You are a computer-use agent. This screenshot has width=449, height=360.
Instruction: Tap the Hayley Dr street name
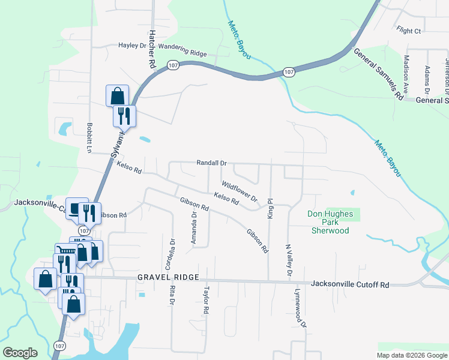click(x=132, y=45)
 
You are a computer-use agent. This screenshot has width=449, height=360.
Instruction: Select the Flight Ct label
click(x=409, y=30)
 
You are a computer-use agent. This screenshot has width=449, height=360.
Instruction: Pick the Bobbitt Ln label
click(x=89, y=138)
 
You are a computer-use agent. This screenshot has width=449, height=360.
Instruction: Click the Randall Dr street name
click(x=212, y=163)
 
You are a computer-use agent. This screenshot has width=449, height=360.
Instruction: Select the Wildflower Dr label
click(x=239, y=191)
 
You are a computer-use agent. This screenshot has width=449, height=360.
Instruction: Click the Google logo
click(x=20, y=353)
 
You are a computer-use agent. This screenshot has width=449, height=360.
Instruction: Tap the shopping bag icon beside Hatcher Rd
click(x=117, y=96)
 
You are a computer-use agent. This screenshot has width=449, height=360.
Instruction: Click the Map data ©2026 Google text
click(x=411, y=355)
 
